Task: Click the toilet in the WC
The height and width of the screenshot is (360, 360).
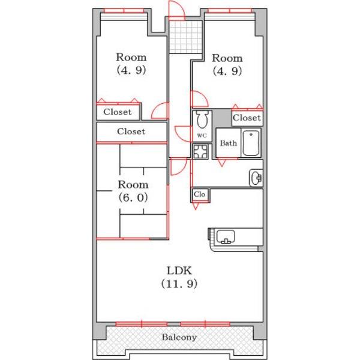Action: [x=202, y=119]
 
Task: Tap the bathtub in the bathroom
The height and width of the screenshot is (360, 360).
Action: [x=251, y=143]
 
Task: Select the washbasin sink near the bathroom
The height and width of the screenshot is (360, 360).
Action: [x=256, y=178]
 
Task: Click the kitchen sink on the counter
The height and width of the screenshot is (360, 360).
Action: [x=226, y=236]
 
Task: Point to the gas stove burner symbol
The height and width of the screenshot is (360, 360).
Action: [x=200, y=151]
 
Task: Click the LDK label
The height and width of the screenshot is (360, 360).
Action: [x=179, y=271]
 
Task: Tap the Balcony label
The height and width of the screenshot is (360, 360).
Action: [x=179, y=337]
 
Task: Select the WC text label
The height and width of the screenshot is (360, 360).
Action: [x=202, y=136]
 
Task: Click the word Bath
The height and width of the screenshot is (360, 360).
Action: [x=228, y=143]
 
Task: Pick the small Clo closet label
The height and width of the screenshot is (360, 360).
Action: [x=199, y=194]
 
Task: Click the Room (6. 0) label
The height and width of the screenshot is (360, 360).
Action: [x=133, y=191]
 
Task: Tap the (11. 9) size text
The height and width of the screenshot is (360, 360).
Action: [x=179, y=284]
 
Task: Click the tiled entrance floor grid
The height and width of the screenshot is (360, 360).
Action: [x=185, y=37]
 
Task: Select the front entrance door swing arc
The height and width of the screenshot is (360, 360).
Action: [x=177, y=9]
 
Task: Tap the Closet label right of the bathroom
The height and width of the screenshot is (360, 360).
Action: [x=247, y=118]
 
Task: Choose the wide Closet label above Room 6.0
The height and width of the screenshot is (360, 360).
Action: [x=131, y=131]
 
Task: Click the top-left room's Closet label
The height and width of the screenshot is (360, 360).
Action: [x=118, y=112]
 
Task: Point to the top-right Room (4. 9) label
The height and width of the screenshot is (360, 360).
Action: [x=227, y=65]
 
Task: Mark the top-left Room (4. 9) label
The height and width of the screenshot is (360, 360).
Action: [x=131, y=64]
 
